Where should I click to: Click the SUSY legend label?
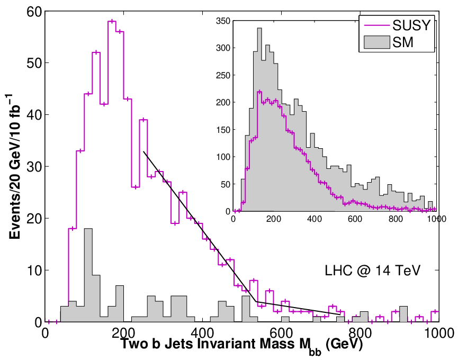411,25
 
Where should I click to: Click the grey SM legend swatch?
377,42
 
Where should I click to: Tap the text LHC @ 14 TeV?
372,271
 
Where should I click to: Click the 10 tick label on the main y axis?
34,271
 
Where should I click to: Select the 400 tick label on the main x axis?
202,333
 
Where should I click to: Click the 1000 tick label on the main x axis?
438,333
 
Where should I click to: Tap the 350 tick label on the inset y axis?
223,21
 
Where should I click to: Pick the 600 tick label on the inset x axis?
355,219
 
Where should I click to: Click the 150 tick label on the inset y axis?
223,130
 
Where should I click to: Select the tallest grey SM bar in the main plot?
88,275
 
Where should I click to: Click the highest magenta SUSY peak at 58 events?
112,21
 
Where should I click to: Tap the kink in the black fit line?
256,301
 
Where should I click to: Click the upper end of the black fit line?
143,151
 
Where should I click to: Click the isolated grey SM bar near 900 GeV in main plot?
403,314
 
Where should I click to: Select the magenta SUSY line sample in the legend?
377,26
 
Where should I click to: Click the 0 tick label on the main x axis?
45,333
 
